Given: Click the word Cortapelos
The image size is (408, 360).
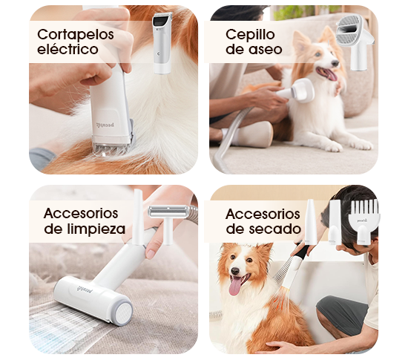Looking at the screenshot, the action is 76,35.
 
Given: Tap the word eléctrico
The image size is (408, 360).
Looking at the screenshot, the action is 68,49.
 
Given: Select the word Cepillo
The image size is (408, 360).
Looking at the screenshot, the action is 250,35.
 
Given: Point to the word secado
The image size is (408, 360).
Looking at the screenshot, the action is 274,229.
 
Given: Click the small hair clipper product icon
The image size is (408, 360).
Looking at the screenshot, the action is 162,43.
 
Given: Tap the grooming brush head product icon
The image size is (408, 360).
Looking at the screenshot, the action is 355,42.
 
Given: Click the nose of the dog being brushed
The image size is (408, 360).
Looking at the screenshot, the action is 335,63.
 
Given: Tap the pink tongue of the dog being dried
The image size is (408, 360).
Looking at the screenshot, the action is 235,287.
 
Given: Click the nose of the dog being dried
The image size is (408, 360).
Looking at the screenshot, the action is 235,271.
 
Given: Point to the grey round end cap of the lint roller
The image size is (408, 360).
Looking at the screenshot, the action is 124,314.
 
